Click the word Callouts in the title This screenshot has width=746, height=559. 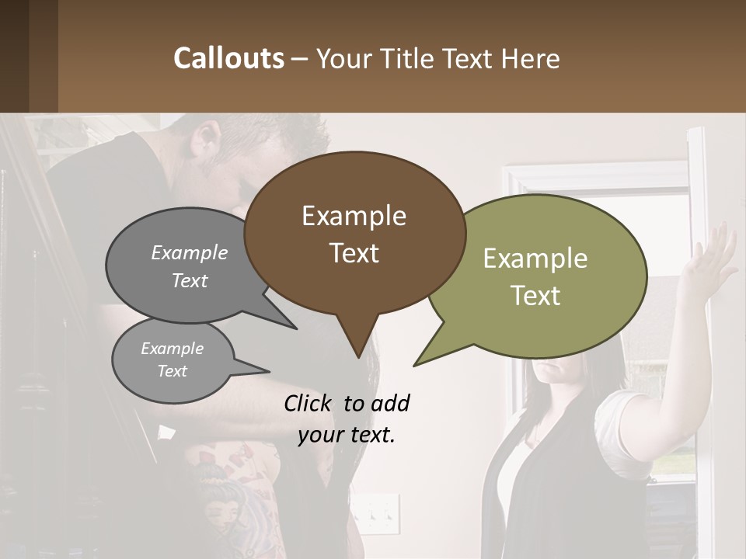click(228, 58)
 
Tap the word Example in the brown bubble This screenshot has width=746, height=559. click(354, 216)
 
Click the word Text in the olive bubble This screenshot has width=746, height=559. click(535, 296)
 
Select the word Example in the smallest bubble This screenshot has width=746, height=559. click(172, 349)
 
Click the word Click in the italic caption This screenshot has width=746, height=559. click(310, 403)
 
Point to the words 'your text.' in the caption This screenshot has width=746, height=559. click(347, 435)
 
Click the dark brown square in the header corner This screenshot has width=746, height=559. click(29, 56)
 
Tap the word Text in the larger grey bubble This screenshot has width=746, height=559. click(190, 280)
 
